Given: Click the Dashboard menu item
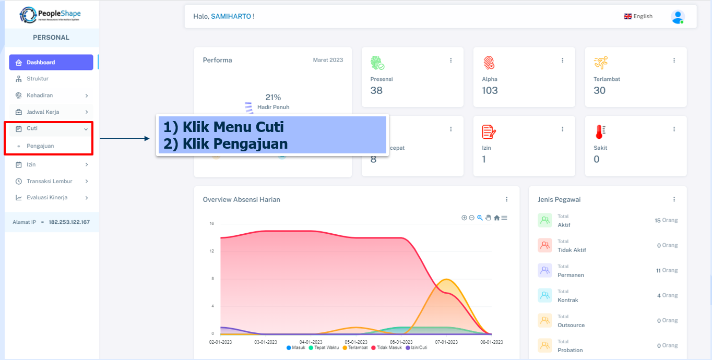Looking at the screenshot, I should (51, 63).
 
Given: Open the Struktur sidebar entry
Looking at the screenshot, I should (38, 79).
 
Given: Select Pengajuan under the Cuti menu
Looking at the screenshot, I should (40, 146).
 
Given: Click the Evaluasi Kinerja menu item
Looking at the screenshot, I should (47, 198).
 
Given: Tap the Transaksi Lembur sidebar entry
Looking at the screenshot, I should (49, 182).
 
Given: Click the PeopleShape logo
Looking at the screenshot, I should (51, 15).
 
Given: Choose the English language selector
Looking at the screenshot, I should (638, 17).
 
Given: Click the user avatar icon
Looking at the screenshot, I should (678, 17).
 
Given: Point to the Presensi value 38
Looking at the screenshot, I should (376, 91).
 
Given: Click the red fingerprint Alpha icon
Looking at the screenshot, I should (489, 63).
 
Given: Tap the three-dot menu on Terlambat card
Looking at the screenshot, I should (674, 61).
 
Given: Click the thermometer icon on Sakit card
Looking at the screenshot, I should (600, 131).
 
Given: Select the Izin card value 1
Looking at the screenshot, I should (484, 159).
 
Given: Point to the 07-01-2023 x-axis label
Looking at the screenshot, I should (446, 342).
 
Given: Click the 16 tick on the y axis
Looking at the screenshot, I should (212, 224).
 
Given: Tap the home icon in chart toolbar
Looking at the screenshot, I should (496, 218).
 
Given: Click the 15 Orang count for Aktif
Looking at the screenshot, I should (666, 220).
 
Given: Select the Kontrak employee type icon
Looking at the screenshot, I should (545, 295).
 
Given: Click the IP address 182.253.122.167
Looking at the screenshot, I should (69, 222).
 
